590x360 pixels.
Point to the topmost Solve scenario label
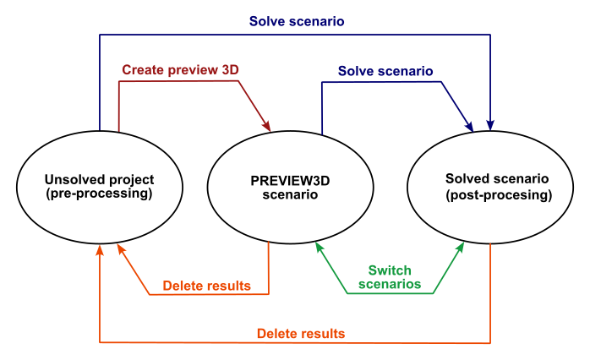tap(296, 21)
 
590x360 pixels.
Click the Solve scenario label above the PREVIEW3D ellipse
tap(385, 71)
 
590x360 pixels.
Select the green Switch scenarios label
tap(390, 277)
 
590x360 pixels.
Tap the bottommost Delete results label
tap(301, 334)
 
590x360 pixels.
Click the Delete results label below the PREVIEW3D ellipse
tap(206, 286)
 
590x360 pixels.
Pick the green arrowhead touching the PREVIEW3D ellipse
tap(319, 248)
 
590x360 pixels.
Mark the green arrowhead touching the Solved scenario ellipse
tap(461, 248)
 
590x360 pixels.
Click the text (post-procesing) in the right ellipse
tap(498, 195)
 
